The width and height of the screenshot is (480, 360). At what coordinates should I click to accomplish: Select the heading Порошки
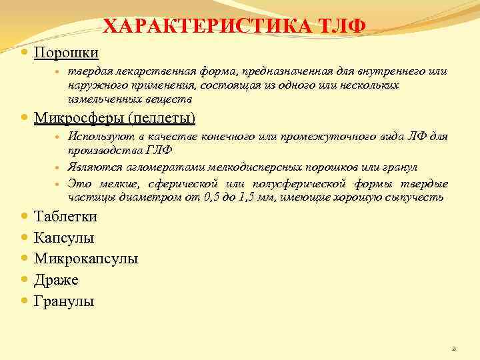(66, 52)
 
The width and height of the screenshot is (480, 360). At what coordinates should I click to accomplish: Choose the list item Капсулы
(64, 237)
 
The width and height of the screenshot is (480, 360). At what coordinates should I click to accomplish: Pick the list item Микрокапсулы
(86, 259)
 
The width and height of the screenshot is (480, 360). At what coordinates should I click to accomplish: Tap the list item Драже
(56, 280)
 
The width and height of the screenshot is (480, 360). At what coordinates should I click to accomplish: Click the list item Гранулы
(64, 301)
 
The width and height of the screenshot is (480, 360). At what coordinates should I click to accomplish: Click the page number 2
(453, 348)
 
